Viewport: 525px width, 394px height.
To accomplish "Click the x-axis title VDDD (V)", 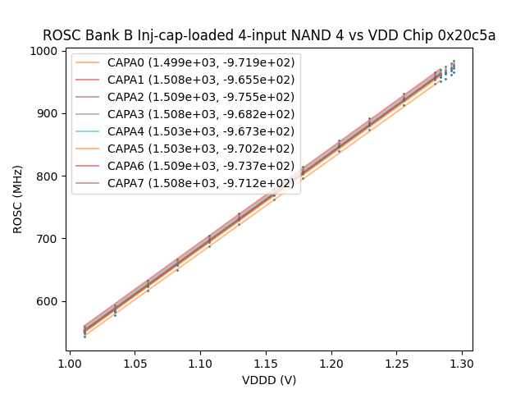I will coord(270,380).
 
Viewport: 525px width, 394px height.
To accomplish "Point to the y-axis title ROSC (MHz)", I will coord(18,202).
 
